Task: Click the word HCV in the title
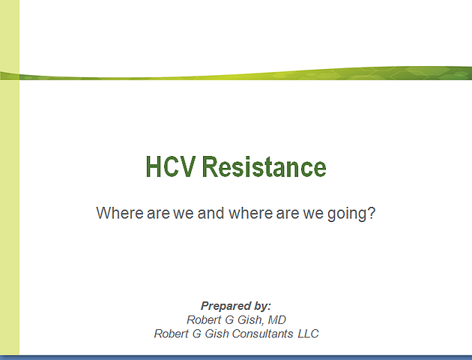[x=171, y=166]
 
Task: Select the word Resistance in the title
[x=264, y=166]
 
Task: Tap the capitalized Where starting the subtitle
[x=120, y=213]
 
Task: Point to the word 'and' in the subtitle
[x=211, y=213]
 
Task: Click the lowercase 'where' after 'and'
[x=251, y=213]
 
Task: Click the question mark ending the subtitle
[x=372, y=213]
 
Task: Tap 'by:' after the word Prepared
[x=262, y=307]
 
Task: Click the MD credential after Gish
[x=276, y=320]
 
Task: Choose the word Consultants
[x=262, y=334]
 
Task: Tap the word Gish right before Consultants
[x=217, y=334]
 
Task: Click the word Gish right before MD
[x=250, y=320]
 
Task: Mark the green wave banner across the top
[x=236, y=73]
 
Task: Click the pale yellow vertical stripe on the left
[x=10, y=178]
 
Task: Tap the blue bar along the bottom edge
[x=236, y=358]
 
